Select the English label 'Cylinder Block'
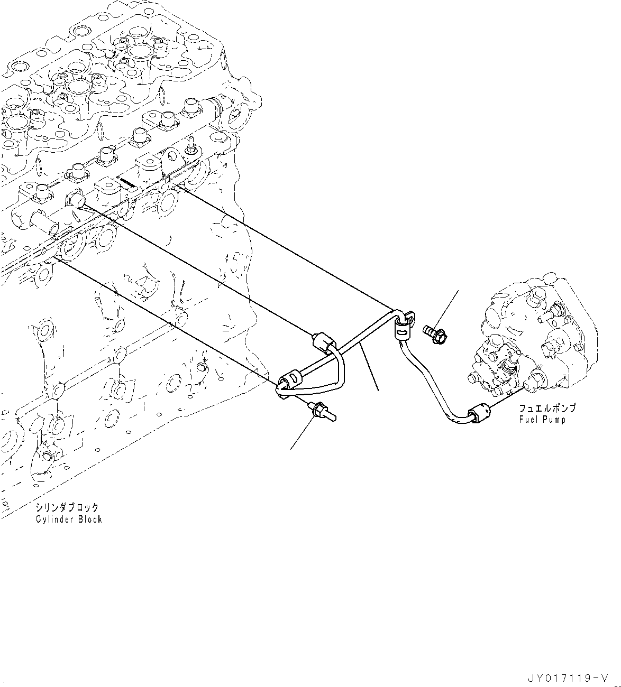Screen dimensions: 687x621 pos(69,519)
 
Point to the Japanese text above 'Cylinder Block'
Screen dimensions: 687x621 pos(67,507)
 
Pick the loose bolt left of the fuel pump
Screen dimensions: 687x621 pos(434,333)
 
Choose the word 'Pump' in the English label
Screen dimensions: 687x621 pos(556,420)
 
